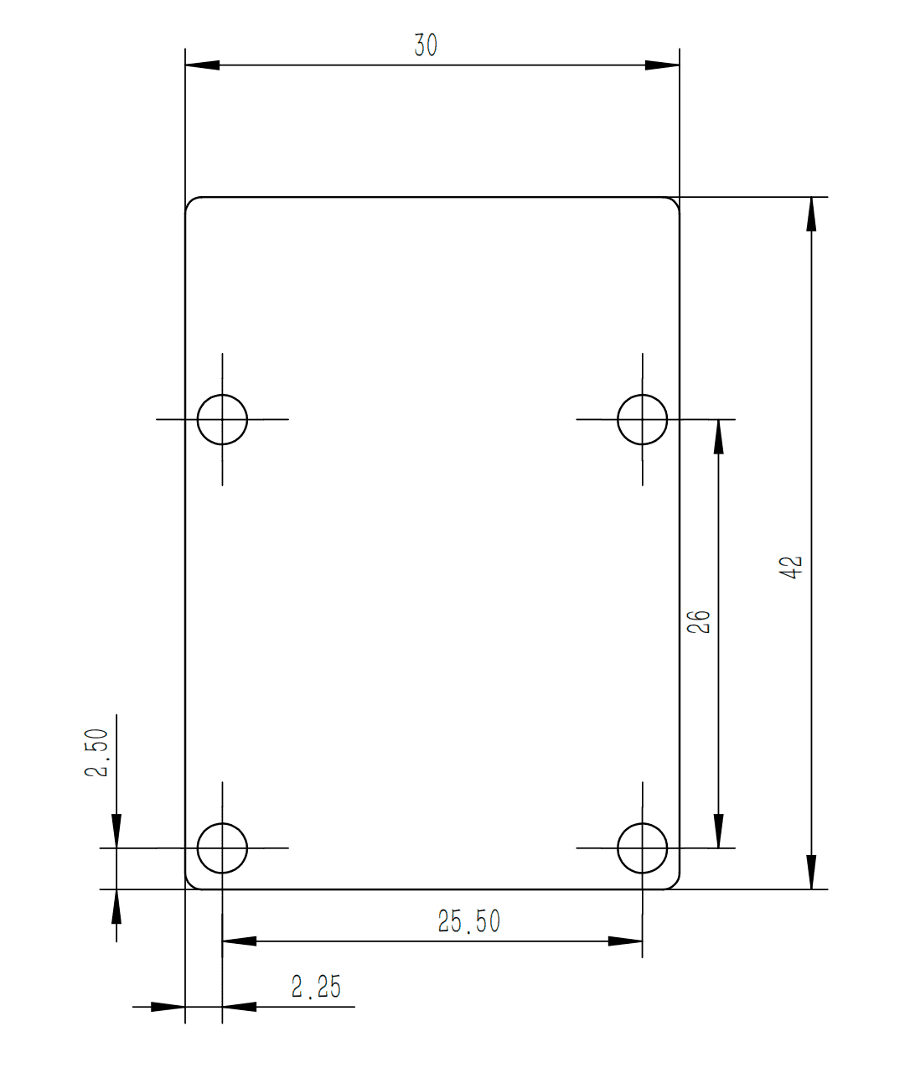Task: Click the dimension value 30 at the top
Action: (426, 45)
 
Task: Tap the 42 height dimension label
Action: (791, 568)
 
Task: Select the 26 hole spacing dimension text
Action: (698, 622)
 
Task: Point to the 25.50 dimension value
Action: (469, 921)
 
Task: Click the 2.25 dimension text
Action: (316, 987)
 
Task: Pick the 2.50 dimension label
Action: (96, 752)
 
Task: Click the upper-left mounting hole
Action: (223, 419)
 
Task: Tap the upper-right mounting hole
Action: (643, 419)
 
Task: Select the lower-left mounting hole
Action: (223, 848)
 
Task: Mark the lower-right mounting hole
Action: (643, 848)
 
